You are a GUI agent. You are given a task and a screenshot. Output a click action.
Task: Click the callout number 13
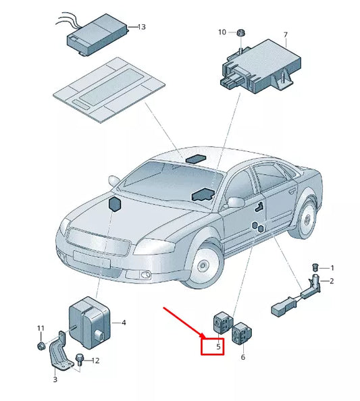coord(141,27)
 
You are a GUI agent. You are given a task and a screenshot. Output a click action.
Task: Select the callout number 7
coord(285,34)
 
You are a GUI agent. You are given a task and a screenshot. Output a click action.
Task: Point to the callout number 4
coord(124,323)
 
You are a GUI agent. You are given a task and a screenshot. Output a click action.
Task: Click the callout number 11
coord(41,328)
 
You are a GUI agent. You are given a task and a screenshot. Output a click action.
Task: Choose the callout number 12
coord(95,360)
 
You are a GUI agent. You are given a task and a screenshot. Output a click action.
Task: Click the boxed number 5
coord(218,347)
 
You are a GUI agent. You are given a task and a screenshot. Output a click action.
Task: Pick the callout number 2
coord(332,280)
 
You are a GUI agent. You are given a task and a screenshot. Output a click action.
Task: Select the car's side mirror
coord(236,202)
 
